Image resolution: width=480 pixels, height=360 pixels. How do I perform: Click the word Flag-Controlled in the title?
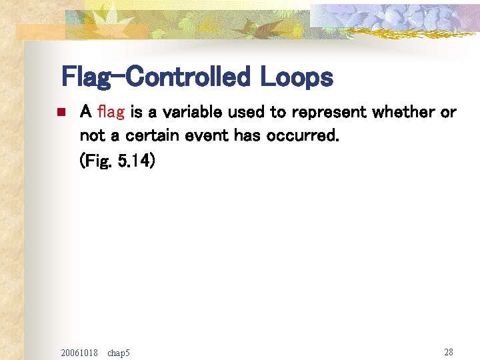(155, 77)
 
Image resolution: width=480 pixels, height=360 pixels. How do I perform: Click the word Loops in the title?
(296, 77)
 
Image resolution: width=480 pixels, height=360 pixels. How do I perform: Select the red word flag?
(111, 112)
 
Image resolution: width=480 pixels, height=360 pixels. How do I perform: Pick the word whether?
(403, 112)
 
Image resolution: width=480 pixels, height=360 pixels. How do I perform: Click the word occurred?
(303, 137)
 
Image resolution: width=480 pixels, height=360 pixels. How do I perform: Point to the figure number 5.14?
(136, 161)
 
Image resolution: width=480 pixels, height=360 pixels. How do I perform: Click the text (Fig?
(95, 161)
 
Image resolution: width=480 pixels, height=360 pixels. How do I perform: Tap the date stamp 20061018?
(79, 352)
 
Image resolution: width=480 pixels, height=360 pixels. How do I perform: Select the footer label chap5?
(119, 352)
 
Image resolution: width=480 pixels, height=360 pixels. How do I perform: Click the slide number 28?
(448, 351)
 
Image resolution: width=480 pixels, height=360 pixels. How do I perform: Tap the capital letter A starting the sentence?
(85, 112)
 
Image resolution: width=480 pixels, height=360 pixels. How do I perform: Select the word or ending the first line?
(448, 112)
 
